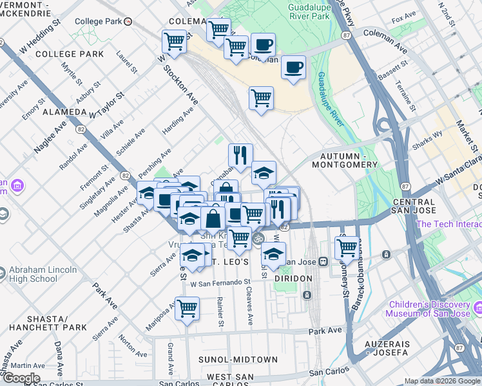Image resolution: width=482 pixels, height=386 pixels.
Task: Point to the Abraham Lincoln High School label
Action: click(43, 275)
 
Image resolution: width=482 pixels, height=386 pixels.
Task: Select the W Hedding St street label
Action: click(40, 36)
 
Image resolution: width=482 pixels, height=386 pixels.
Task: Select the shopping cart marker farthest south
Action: click(188, 309)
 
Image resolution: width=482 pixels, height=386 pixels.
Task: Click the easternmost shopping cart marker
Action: click(347, 246)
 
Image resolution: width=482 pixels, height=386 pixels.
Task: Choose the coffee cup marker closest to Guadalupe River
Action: click(293, 67)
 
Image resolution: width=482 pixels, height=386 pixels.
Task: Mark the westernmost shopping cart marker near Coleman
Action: click(174, 42)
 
